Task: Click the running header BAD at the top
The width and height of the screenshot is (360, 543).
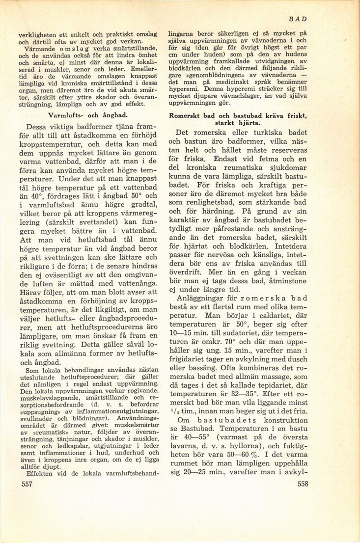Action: coord(298,19)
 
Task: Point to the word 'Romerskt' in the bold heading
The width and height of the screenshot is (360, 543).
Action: coord(186,115)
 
